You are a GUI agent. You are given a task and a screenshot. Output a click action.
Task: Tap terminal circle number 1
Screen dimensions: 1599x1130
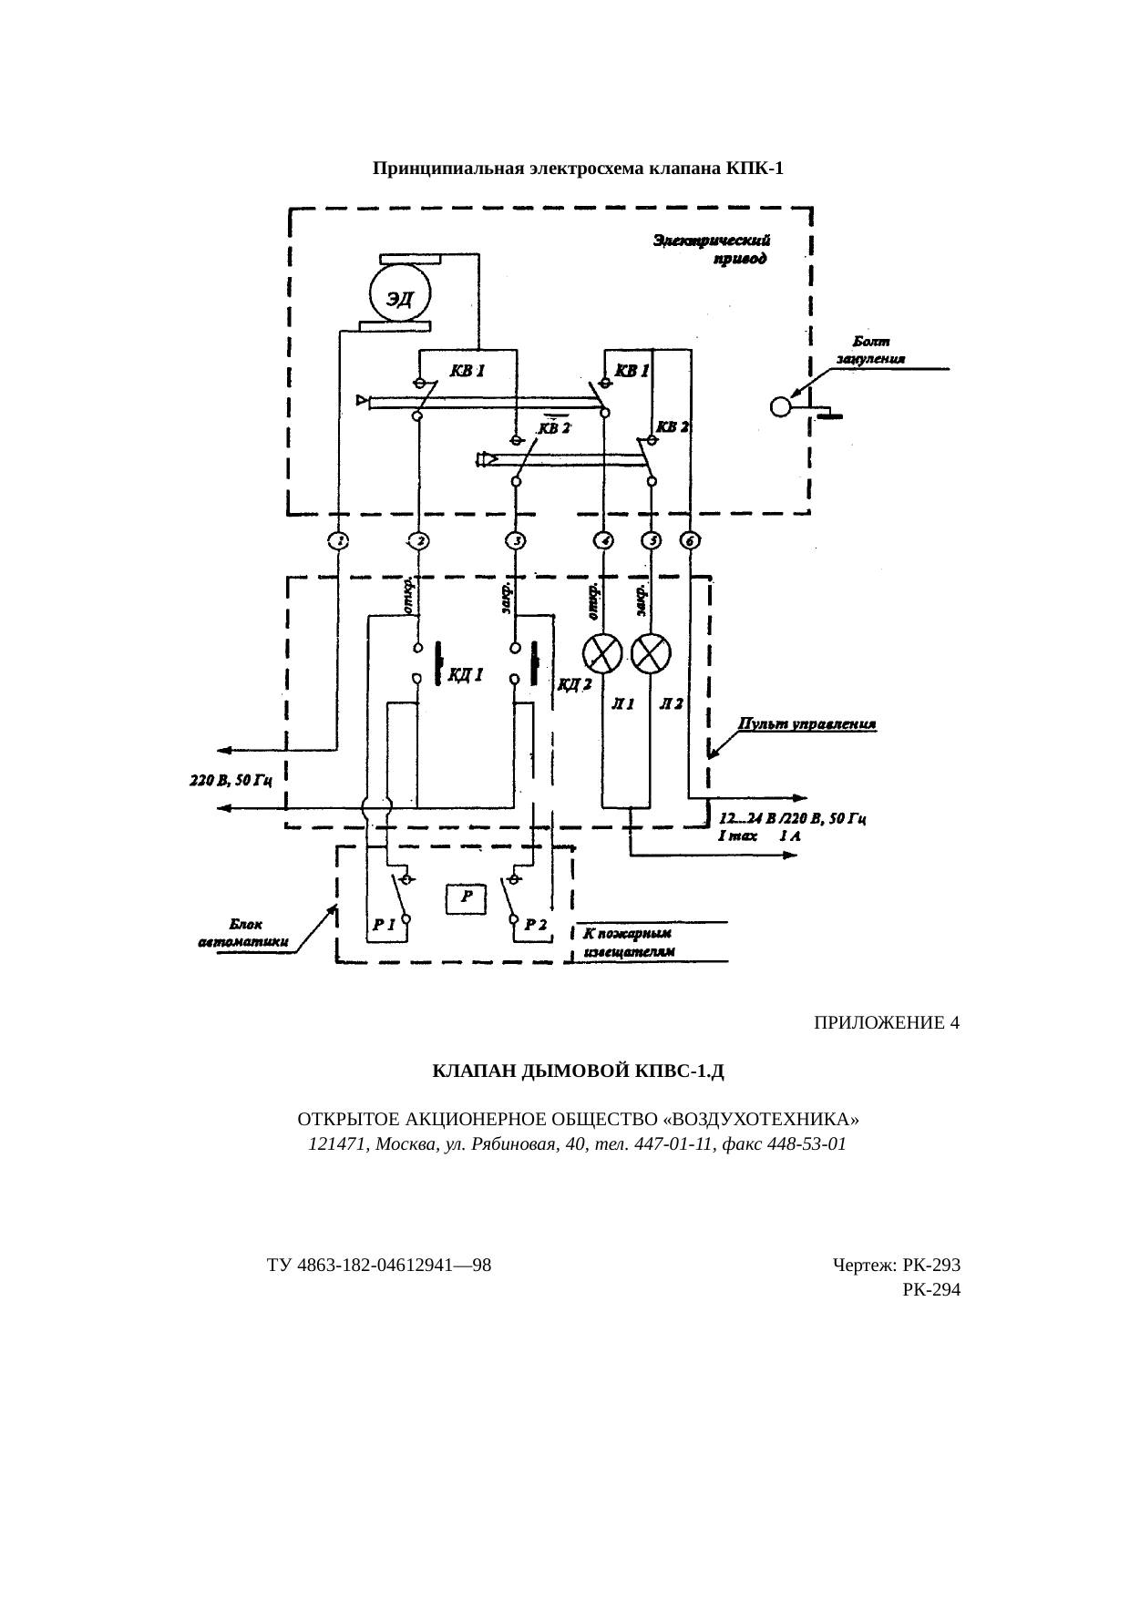coord(337,541)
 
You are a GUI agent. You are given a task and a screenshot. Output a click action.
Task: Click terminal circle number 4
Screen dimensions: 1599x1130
coord(603,541)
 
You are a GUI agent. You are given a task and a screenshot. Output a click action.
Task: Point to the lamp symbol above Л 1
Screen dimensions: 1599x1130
coord(602,652)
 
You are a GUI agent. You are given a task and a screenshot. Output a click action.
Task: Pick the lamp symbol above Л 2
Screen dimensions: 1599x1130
coord(651,652)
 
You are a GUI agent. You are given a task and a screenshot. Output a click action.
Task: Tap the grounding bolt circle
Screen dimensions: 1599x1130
coord(781,406)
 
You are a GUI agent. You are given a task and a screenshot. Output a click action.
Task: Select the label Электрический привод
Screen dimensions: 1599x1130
coord(715,250)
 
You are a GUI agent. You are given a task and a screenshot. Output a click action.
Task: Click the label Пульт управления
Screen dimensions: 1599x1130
coord(807,724)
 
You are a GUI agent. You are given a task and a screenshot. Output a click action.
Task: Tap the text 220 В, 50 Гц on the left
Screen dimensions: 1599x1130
coord(231,780)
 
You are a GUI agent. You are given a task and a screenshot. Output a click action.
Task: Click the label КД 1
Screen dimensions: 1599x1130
coord(465,675)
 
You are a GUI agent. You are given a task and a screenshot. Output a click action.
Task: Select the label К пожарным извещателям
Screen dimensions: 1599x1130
coord(629,942)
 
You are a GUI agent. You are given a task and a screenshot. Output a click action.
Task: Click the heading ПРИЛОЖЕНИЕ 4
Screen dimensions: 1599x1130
coord(886,1023)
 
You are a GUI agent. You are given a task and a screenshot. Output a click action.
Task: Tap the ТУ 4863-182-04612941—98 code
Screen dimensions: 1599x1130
coord(379,1266)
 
